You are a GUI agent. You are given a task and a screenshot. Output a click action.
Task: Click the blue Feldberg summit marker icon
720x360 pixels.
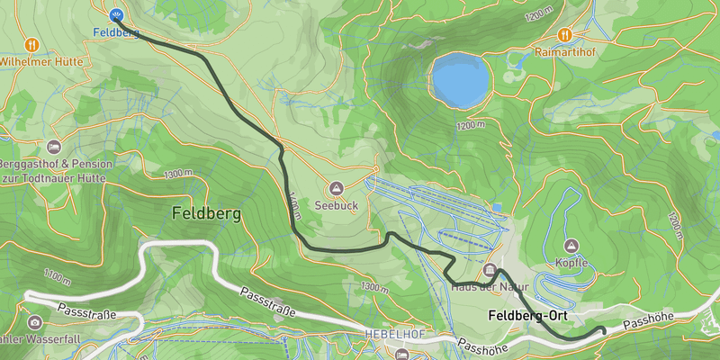[116, 15]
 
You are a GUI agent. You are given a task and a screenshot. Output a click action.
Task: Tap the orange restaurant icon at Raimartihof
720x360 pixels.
[564, 34]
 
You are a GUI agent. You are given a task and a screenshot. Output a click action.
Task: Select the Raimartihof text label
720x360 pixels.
[564, 52]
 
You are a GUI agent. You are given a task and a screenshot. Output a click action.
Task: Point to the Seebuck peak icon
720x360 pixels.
[336, 188]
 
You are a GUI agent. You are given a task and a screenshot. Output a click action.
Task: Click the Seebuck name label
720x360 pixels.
[336, 204]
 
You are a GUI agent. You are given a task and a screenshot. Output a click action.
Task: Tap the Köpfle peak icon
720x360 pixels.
[571, 245]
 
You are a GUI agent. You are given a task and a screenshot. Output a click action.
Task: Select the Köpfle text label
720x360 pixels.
[571, 263]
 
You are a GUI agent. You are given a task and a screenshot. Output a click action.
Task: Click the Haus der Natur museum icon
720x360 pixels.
[490, 271]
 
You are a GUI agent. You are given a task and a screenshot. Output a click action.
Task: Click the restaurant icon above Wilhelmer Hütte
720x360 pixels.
[32, 43]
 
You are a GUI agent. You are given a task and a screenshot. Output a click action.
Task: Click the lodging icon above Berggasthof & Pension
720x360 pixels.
[53, 146]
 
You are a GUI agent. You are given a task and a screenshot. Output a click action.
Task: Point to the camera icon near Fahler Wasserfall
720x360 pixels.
[35, 322]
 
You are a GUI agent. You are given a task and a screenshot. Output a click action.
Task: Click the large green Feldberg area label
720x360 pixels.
[206, 214]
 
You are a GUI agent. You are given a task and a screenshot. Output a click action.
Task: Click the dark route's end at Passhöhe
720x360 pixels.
[602, 329]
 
